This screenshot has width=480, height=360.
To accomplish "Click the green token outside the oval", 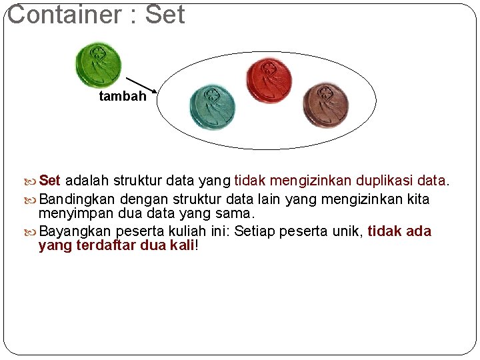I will point(98,65).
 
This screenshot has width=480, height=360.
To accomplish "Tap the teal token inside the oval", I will point(212,107).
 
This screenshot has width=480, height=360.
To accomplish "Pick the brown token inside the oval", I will point(326,105).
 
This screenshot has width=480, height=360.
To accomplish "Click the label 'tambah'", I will point(122,97).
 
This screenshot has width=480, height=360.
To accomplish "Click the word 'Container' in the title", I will point(65,15).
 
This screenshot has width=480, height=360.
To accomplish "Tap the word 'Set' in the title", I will point(165,15).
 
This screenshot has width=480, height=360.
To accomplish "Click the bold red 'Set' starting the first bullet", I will point(50,181).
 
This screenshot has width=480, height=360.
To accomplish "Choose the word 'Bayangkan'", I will point(76,232).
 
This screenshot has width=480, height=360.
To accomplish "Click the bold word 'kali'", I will point(181,246).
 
